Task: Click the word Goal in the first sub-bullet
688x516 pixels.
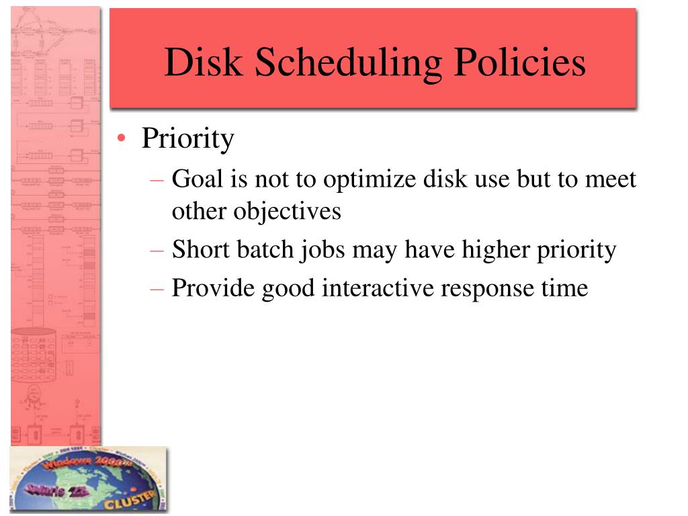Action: [196, 179]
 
